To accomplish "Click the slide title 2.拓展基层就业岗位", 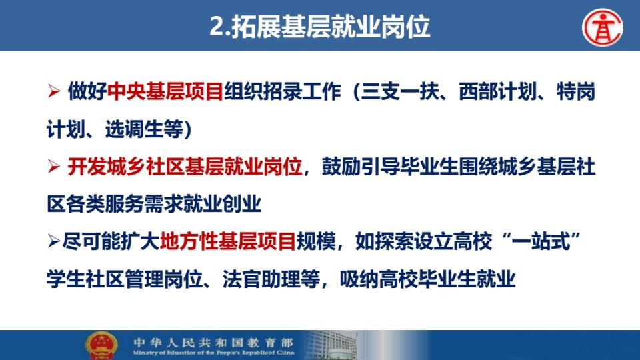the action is click(319, 27).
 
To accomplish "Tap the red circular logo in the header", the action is click(603, 27).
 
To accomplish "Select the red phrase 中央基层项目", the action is click(165, 91).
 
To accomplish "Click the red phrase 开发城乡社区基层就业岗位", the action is click(185, 167).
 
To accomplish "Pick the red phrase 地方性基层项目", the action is click(228, 241).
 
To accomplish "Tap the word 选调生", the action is click(134, 129).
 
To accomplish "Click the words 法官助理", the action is click(261, 279).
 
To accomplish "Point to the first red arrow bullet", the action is click(54, 91).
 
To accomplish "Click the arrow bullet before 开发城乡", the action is click(54, 167).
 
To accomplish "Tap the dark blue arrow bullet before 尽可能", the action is click(54, 241).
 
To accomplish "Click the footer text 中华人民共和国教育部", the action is click(213, 342).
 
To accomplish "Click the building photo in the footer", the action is click(331, 345).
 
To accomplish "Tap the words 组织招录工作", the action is click(283, 91).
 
